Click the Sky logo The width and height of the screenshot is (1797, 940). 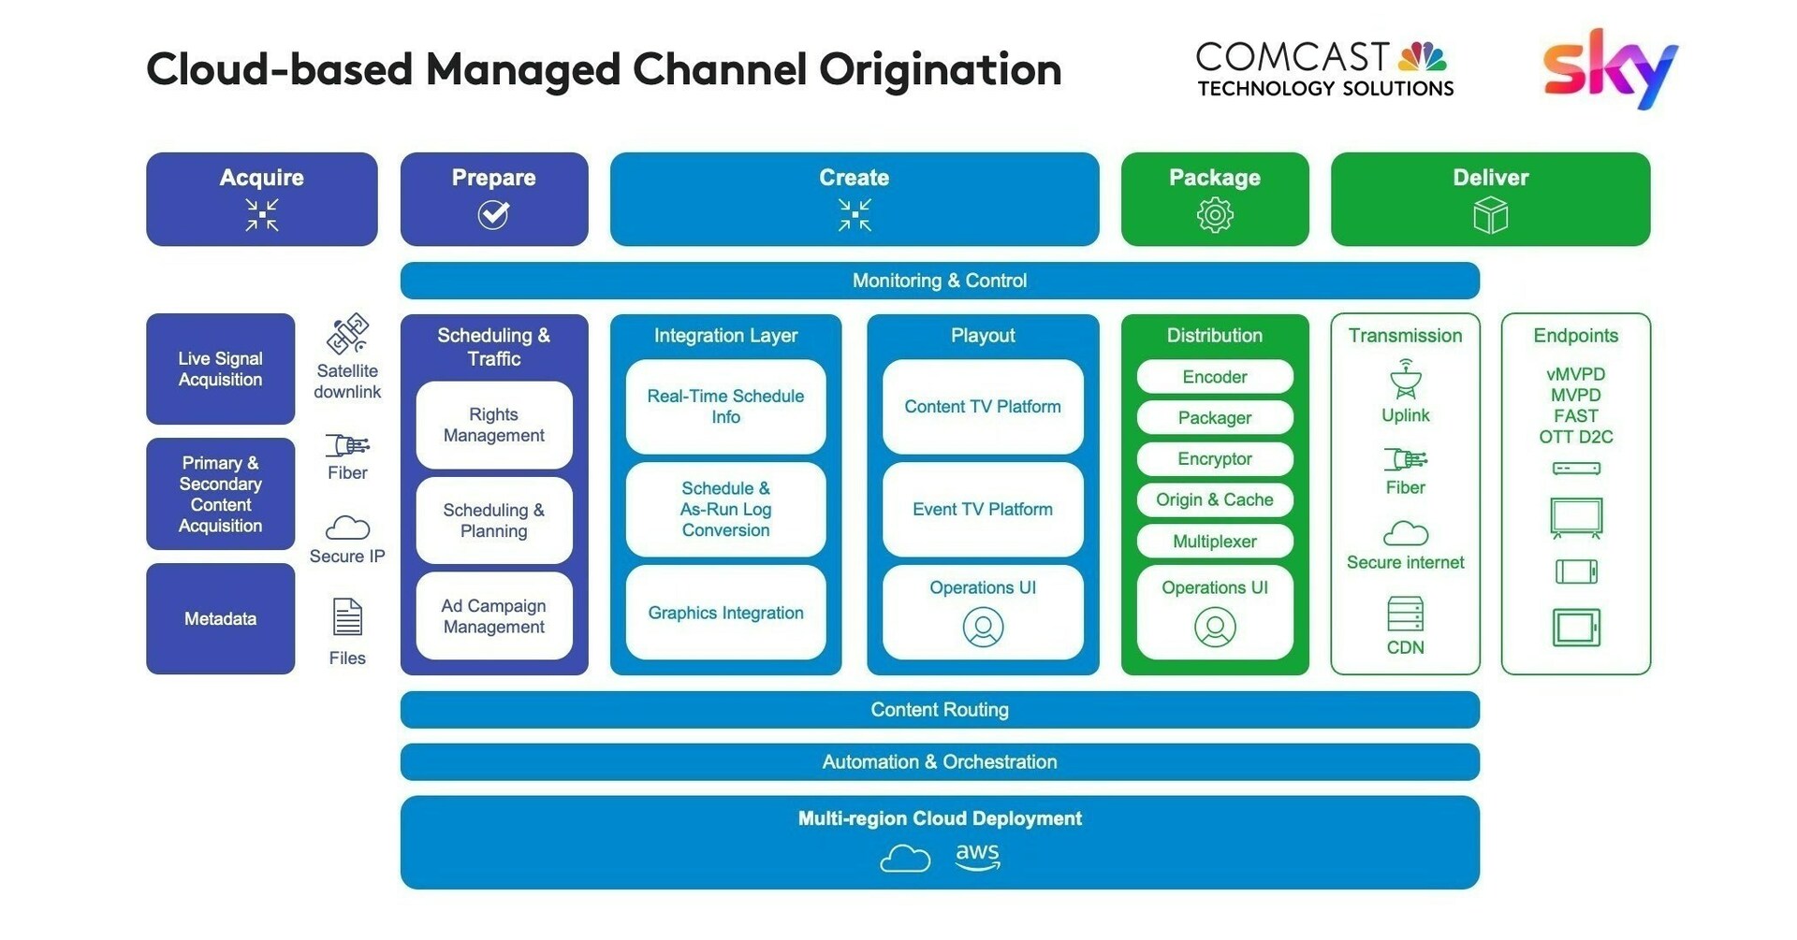coord(1609,68)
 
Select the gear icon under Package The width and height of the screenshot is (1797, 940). coord(1214,216)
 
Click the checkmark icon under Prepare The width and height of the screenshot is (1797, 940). coord(493,215)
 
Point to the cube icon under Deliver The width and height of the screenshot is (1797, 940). coord(1490,217)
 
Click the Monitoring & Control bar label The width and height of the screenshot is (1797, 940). coord(939,281)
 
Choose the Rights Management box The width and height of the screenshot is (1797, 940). coord(493,425)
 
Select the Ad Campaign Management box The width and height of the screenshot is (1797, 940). coord(493,616)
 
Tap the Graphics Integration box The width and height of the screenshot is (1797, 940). coord(725,613)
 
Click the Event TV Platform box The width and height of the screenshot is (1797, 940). coord(982,509)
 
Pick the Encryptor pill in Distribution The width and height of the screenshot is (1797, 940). coord(1214,459)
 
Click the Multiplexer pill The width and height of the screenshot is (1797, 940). coord(1214,542)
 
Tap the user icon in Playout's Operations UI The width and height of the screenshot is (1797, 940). coord(983,627)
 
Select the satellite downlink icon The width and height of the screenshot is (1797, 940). coord(347,334)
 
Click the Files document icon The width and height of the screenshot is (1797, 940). coord(347,617)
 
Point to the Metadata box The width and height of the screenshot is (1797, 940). coord(220,618)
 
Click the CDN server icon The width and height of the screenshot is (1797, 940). coord(1405,615)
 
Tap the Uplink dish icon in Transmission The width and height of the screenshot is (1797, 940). coord(1405,379)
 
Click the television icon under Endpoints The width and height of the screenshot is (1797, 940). coord(1576,517)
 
